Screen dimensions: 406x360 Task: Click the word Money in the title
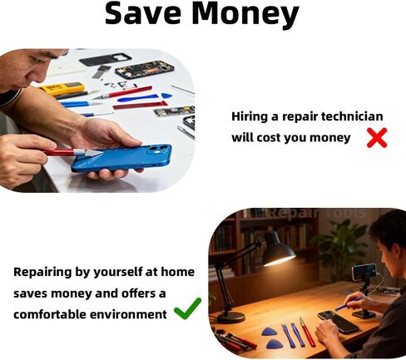pyautogui.click(x=245, y=13)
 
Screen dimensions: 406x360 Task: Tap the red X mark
pyautogui.click(x=377, y=138)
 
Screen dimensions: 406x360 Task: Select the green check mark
pyautogui.click(x=188, y=308)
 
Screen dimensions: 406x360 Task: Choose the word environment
pyautogui.click(x=128, y=314)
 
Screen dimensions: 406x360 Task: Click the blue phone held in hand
pyautogui.click(x=121, y=158)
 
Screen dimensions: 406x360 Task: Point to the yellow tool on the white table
pyautogui.click(x=62, y=88)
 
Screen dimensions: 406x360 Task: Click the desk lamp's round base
pyautogui.click(x=231, y=317)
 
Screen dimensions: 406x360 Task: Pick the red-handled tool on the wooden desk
pyautogui.click(x=308, y=333)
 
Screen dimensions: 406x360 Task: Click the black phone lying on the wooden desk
pyautogui.click(x=338, y=321)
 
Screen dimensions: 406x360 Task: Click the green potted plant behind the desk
pyautogui.click(x=343, y=244)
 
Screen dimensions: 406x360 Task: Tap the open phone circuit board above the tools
pyautogui.click(x=145, y=70)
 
